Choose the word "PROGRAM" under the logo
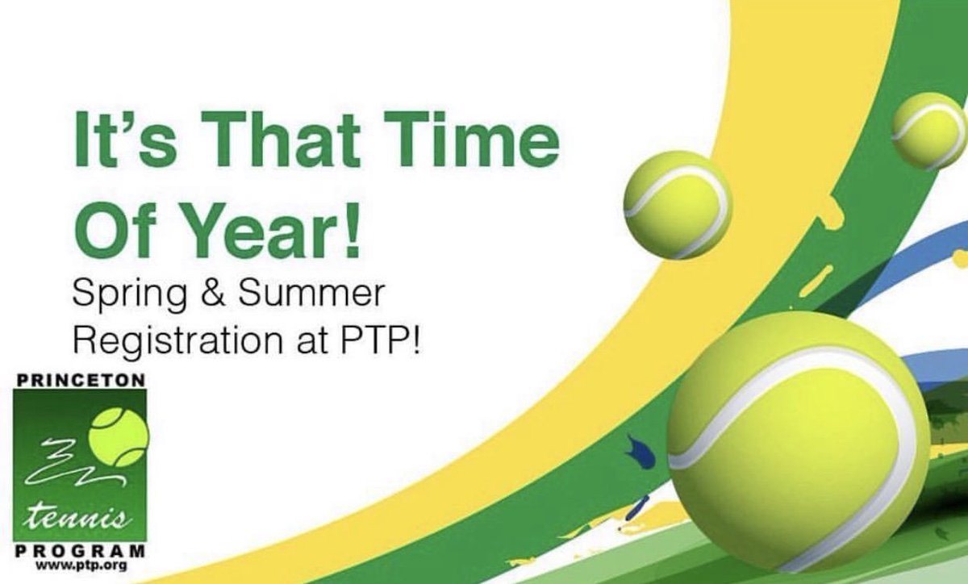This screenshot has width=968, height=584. point(81,553)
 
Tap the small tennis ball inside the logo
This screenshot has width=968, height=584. point(119,436)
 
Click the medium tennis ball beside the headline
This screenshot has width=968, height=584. point(678,205)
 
